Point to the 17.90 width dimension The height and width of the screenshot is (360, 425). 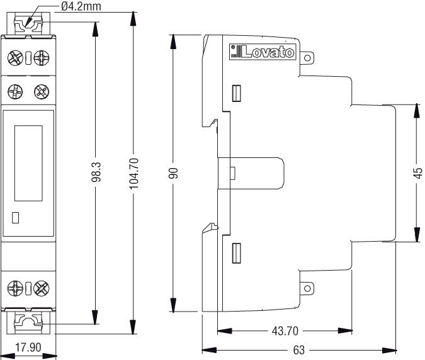click(28, 347)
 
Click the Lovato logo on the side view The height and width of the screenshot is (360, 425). click(263, 52)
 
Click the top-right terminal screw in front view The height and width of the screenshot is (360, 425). click(42, 59)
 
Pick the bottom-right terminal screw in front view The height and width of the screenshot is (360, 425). click(42, 289)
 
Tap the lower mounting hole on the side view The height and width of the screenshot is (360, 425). click(308, 290)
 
